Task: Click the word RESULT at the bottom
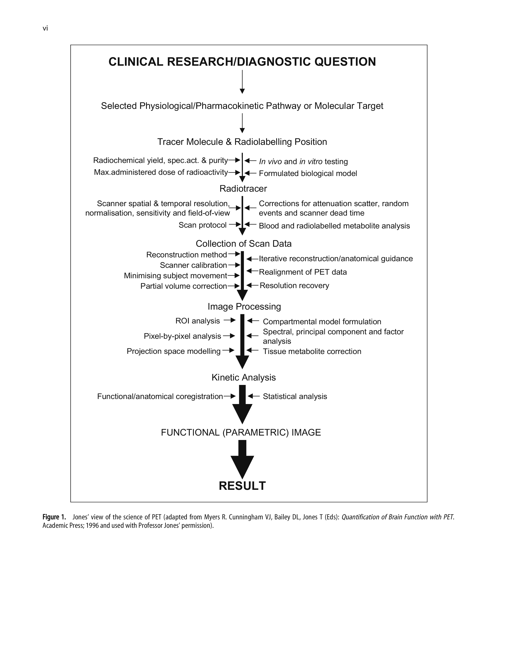[x=242, y=486]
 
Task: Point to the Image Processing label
[x=244, y=306]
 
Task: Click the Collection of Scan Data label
[x=243, y=244]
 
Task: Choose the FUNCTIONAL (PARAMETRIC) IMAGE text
[x=241, y=432]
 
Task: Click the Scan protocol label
[x=202, y=225]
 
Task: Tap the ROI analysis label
[x=198, y=321]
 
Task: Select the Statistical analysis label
[x=295, y=396]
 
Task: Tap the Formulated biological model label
[x=308, y=173]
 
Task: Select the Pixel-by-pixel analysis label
[x=182, y=336]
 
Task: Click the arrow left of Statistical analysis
[x=254, y=396]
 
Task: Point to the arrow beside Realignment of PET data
[x=252, y=270]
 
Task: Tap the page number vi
[x=45, y=29]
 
